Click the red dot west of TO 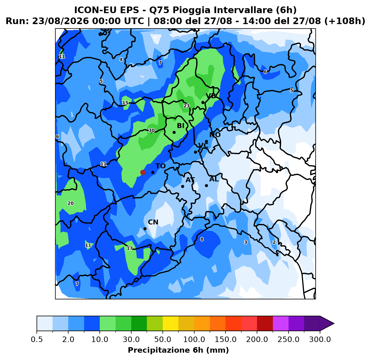[143, 172]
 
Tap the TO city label [161, 166]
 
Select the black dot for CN [145, 229]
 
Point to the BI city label [181, 126]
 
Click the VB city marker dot [203, 103]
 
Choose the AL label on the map [214, 179]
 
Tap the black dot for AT [182, 186]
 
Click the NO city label [215, 135]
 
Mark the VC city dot [195, 152]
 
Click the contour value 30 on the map [152, 130]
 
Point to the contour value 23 [187, 106]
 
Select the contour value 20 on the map [70, 203]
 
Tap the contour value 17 [130, 248]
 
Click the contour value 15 [125, 103]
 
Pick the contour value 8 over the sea [202, 239]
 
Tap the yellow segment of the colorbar [170, 323]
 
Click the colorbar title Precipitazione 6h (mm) [178, 350]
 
